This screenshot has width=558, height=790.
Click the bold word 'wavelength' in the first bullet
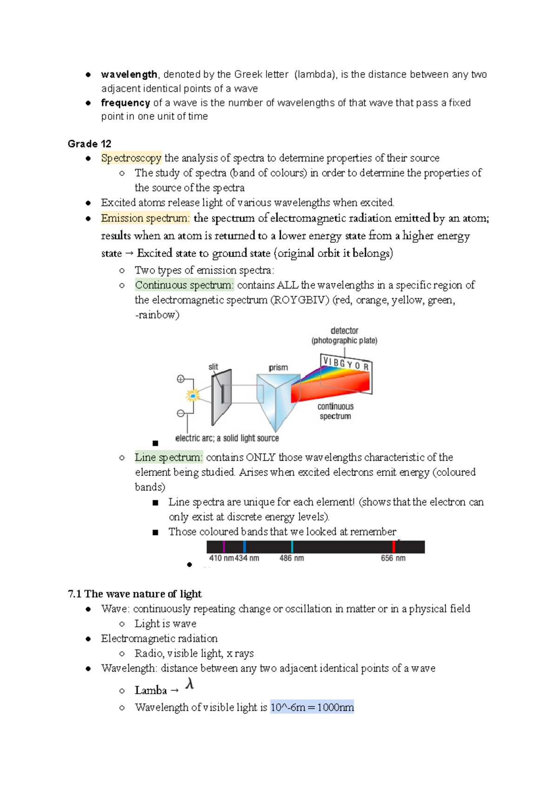pyautogui.click(x=129, y=74)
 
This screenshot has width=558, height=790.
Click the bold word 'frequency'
pyautogui.click(x=126, y=103)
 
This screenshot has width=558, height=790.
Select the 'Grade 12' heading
pyautogui.click(x=89, y=144)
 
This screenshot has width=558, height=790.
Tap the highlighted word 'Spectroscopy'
pyautogui.click(x=131, y=158)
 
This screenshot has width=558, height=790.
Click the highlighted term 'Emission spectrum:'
pyautogui.click(x=146, y=218)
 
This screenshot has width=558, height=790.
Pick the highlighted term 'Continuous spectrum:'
pyautogui.click(x=184, y=285)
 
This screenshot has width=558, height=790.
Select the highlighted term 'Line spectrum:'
pyautogui.click(x=169, y=457)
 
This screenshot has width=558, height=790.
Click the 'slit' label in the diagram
pyautogui.click(x=213, y=367)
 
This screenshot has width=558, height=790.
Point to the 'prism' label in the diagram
pyautogui.click(x=278, y=368)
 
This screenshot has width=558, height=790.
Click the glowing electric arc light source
pyautogui.click(x=193, y=395)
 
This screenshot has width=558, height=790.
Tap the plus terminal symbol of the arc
pyautogui.click(x=181, y=379)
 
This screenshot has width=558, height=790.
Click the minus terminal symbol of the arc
pyautogui.click(x=181, y=413)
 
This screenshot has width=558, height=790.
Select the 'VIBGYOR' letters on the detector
pyautogui.click(x=346, y=363)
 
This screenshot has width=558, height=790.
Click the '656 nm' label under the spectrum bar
pyautogui.click(x=393, y=558)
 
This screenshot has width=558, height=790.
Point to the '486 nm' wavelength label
pyautogui.click(x=292, y=558)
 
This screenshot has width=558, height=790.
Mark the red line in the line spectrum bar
pyautogui.click(x=394, y=547)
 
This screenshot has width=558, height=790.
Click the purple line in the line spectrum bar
pyautogui.click(x=224, y=547)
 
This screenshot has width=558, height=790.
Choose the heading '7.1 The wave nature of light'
pyautogui.click(x=134, y=594)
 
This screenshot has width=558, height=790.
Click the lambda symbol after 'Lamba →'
pyautogui.click(x=189, y=684)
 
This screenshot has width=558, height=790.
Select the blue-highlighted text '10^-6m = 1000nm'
pyautogui.click(x=312, y=708)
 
